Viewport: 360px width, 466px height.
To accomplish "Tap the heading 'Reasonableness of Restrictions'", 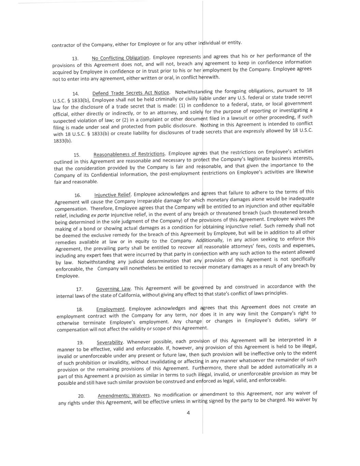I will (x=129, y=154).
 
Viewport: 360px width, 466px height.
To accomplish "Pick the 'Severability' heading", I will (x=110, y=342).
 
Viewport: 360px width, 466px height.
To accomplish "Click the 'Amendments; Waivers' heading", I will (x=124, y=395).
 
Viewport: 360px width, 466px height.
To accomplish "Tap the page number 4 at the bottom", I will (x=188, y=413).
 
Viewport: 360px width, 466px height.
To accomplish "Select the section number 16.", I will (x=78, y=195).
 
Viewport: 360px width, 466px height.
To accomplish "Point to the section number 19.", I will (x=80, y=342).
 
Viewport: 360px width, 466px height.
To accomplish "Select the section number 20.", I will (x=81, y=396).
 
